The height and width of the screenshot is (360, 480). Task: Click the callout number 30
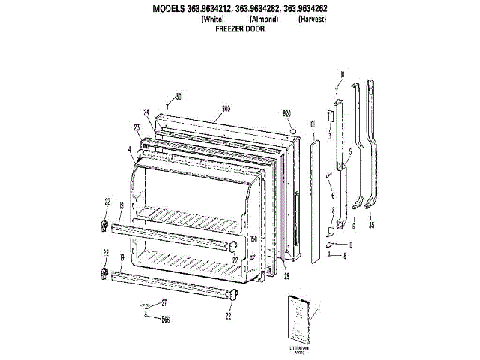coord(178,95)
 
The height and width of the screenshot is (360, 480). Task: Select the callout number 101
coord(312,124)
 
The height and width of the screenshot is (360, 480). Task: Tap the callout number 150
coord(253,240)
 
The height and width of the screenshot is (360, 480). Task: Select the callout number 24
coord(147,112)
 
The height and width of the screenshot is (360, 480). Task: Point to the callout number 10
coord(349,244)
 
